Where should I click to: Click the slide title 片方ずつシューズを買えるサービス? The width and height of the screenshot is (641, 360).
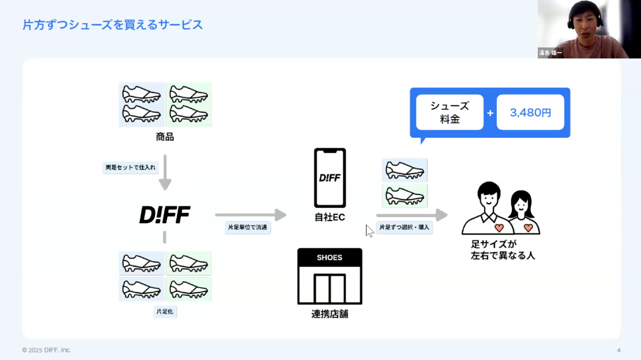[x=112, y=25]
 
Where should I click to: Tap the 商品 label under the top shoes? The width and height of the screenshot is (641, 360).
[x=165, y=137]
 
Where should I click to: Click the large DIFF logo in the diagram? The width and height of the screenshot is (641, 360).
[x=165, y=215]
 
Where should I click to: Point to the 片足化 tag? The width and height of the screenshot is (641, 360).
[x=165, y=312]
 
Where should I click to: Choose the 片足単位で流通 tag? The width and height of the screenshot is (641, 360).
[x=248, y=227]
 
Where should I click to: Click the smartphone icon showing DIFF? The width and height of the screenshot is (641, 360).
[x=329, y=177]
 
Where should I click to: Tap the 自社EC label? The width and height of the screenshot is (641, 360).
[x=329, y=217]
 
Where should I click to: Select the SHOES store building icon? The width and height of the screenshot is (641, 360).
[x=329, y=276]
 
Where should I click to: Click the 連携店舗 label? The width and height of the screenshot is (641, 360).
[x=329, y=315]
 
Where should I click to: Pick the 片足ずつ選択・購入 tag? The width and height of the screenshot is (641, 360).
[x=404, y=227]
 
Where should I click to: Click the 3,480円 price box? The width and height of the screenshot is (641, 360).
[x=530, y=112]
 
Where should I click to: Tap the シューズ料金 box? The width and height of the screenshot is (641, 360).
[x=449, y=112]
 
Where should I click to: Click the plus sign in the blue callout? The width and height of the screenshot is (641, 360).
[x=490, y=112]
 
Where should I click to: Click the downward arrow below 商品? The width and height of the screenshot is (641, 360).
[x=165, y=172]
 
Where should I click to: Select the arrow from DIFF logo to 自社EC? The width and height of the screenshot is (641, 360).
[x=250, y=215]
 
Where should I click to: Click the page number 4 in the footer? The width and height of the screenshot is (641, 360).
[x=618, y=350]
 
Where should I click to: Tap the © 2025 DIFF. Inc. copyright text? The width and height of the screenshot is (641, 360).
[x=46, y=350]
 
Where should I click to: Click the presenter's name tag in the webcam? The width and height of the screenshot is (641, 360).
[x=550, y=53]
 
